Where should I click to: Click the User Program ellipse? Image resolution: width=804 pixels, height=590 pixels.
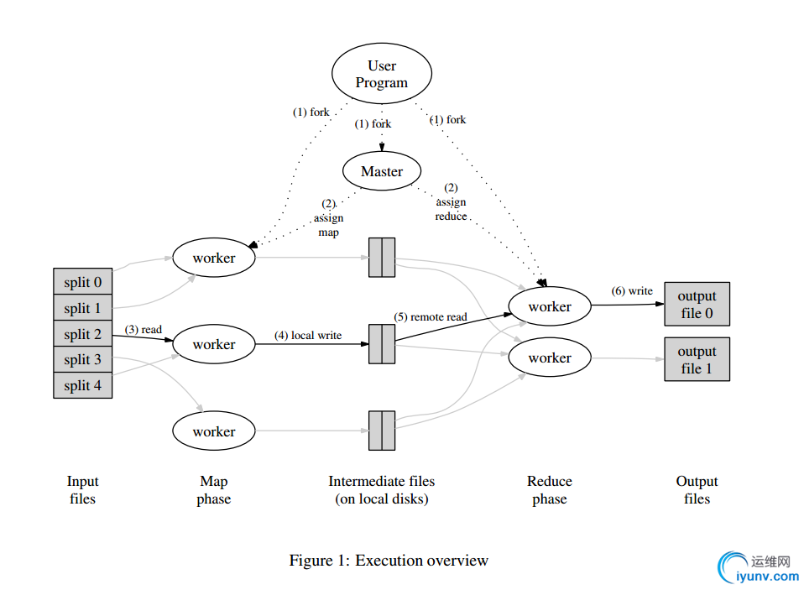click(x=382, y=74)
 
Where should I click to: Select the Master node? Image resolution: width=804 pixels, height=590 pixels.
click(x=382, y=171)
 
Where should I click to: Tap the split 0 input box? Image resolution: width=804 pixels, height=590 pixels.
click(x=82, y=282)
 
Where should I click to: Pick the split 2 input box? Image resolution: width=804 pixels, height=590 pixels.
click(x=82, y=334)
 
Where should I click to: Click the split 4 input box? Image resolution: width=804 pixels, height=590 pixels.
click(x=82, y=385)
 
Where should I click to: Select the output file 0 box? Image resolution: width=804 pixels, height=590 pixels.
click(x=697, y=304)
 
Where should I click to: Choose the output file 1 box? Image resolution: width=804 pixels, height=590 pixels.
click(x=697, y=359)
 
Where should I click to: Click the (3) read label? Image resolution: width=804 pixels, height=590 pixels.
click(x=144, y=330)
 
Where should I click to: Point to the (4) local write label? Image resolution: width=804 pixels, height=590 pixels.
click(x=308, y=336)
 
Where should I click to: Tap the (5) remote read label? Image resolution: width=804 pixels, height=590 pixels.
click(x=431, y=317)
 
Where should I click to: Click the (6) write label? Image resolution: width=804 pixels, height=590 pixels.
click(x=632, y=291)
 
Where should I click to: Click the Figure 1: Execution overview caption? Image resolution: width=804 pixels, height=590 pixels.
click(x=389, y=561)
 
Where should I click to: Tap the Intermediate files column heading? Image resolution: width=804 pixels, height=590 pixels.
click(x=382, y=490)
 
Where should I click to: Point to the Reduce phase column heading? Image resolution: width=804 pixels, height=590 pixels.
click(x=550, y=490)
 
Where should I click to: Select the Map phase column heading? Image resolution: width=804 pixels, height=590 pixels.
click(x=214, y=490)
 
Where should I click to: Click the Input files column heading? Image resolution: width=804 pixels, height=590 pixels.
click(x=82, y=490)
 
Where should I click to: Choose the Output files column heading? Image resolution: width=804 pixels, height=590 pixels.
click(x=697, y=490)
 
